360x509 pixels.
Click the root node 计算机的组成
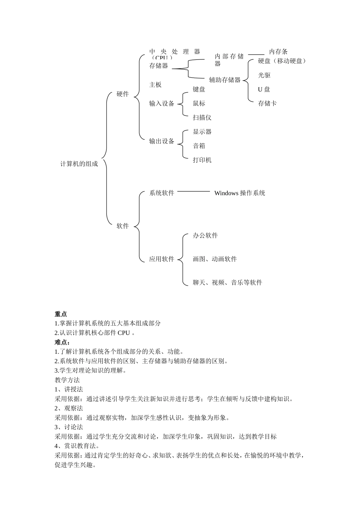[79, 164]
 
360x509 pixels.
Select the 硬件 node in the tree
[123, 94]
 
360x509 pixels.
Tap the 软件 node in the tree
[123, 226]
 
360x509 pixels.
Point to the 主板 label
[155, 85]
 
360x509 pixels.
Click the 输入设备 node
[162, 103]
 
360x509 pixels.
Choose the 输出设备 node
[162, 141]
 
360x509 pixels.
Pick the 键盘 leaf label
[199, 89]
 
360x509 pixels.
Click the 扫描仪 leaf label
[202, 118]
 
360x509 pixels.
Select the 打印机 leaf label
[202, 160]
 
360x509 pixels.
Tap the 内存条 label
[279, 52]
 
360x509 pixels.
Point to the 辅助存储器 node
[225, 80]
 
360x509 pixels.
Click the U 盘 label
[264, 89]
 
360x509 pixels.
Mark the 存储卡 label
[267, 103]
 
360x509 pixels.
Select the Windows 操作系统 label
[239, 193]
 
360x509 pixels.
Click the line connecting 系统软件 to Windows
[193, 192]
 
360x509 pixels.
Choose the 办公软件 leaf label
[205, 236]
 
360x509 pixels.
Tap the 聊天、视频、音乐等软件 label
[227, 283]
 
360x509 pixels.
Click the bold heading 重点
[61, 314]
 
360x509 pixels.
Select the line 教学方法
[67, 380]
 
